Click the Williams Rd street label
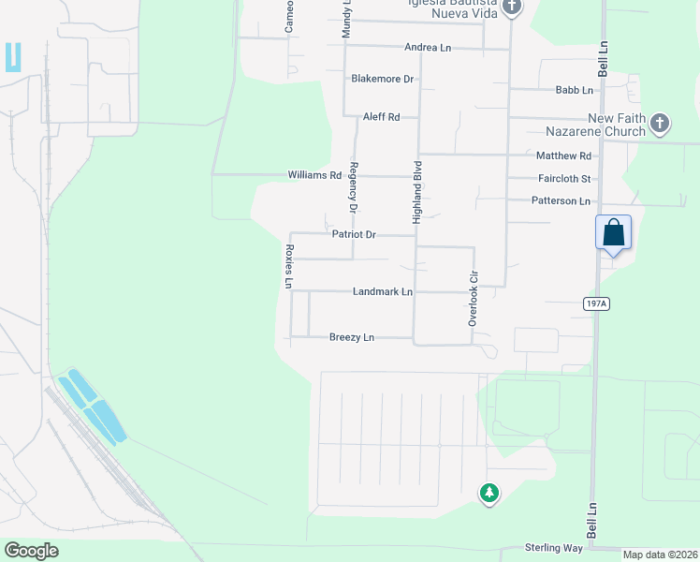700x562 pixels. pos(314,175)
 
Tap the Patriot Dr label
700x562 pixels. pos(354,234)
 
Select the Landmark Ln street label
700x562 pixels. pos(383,291)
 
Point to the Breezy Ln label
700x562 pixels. pos(352,337)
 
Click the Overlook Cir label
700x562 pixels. pos(474,301)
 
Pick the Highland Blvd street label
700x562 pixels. pos(418,191)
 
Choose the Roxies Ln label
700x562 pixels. pos(289,267)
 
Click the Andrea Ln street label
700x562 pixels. pos(428,47)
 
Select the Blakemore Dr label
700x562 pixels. pos(383,79)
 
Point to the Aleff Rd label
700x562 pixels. pos(383,117)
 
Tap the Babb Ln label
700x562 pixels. pos(575,90)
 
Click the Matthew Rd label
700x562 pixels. pos(564,155)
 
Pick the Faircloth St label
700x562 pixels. pos(564,178)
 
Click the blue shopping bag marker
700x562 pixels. pos(613,232)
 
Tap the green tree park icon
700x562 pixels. pos(488,492)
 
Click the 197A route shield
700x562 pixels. pos(594,303)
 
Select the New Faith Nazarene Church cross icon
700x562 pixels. pos(660,124)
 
